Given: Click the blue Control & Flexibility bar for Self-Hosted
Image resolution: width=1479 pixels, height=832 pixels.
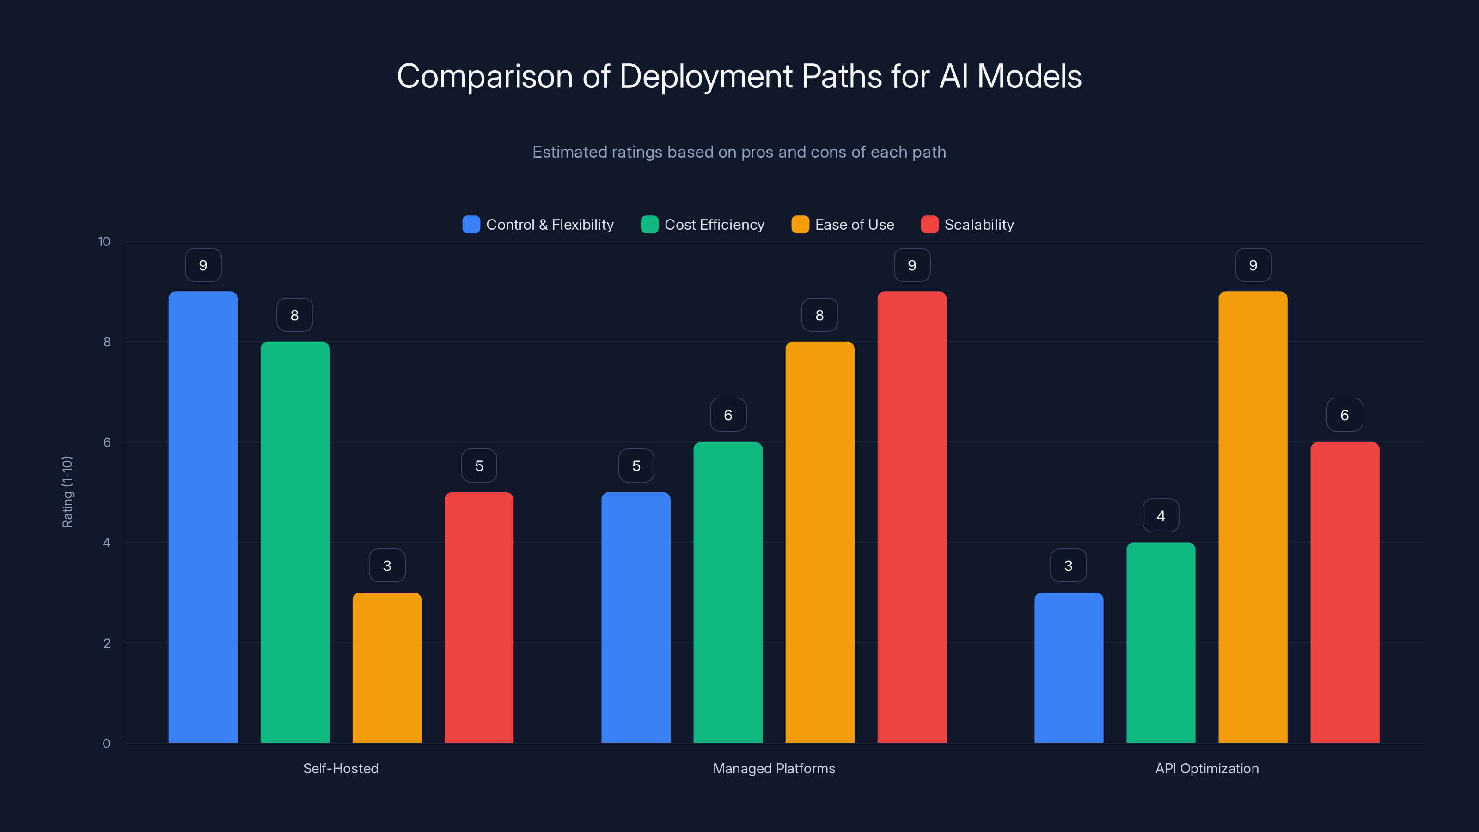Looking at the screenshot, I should pyautogui.click(x=203, y=517).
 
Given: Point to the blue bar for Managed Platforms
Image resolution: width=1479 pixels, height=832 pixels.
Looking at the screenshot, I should pyautogui.click(x=636, y=617).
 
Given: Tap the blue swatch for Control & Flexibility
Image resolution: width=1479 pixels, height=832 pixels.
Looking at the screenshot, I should pyautogui.click(x=471, y=225).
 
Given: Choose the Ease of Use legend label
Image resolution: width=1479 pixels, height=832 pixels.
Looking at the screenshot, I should pyautogui.click(x=854, y=225).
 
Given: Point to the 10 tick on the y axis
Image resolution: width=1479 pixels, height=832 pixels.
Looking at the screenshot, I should pyautogui.click(x=104, y=241).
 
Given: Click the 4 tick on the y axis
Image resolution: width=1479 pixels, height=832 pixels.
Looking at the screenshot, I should pyautogui.click(x=106, y=543).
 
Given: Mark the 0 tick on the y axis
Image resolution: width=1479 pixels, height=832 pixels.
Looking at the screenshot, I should pyautogui.click(x=106, y=744).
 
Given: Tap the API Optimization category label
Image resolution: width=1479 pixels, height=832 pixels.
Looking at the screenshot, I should pyautogui.click(x=1206, y=768).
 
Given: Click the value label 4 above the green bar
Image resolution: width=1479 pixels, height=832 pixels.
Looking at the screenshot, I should pyautogui.click(x=1161, y=516).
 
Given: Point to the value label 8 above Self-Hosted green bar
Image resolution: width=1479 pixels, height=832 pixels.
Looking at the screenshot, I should pyautogui.click(x=294, y=315).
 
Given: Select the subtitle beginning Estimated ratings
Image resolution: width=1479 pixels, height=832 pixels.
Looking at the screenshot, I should pyautogui.click(x=739, y=152).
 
